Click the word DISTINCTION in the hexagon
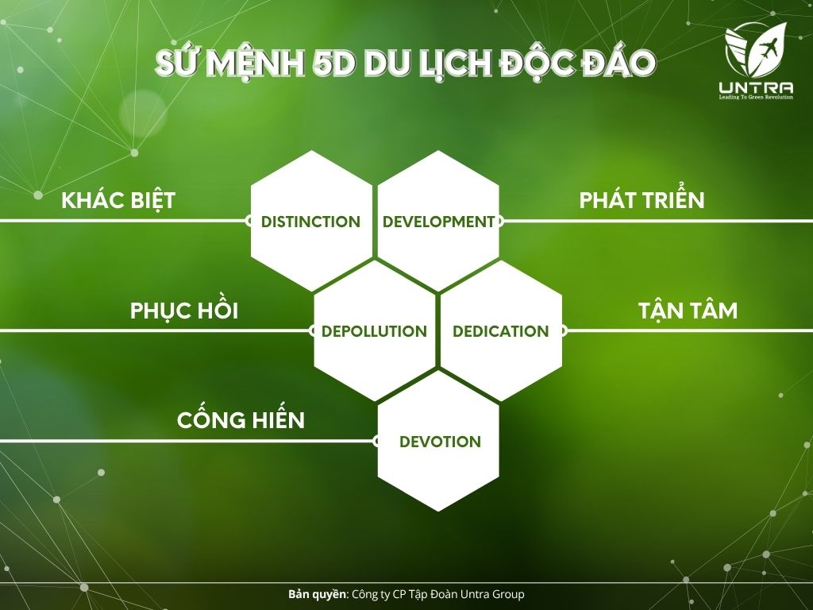click(x=310, y=222)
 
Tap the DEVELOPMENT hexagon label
click(x=438, y=222)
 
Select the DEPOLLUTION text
click(x=374, y=331)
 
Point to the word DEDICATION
click(x=501, y=331)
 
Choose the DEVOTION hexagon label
click(x=440, y=442)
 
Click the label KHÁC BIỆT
click(x=118, y=199)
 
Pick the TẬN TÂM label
click(x=688, y=309)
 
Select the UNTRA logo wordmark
click(x=756, y=87)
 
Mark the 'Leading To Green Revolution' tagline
click(x=756, y=97)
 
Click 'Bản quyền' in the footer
click(x=318, y=594)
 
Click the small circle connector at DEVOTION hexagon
click(x=377, y=442)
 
